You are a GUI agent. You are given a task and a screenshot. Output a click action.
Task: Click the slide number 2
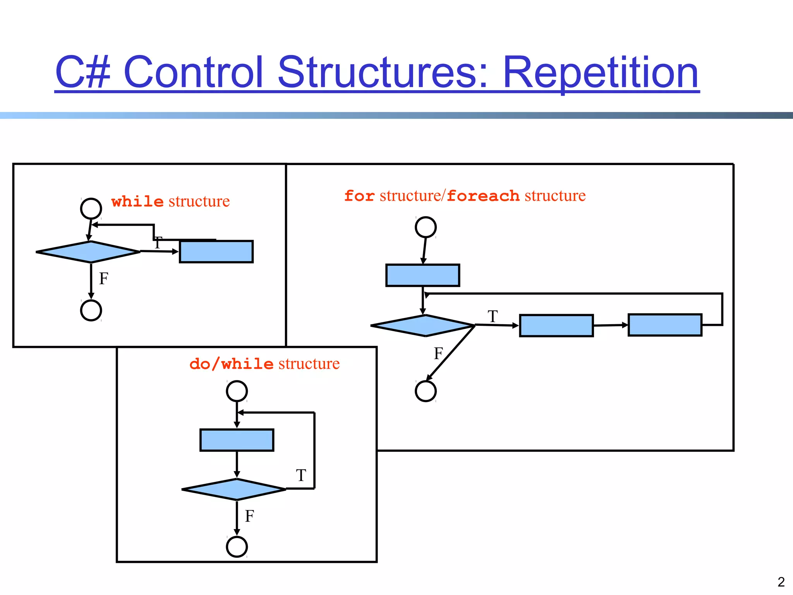[x=781, y=582]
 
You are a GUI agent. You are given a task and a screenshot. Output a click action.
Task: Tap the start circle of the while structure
[x=91, y=209]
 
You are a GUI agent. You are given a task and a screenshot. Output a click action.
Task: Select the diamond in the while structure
[x=88, y=252]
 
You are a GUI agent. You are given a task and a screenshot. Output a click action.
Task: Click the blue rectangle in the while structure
[x=216, y=252]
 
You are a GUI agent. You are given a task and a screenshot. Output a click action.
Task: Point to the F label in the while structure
[x=103, y=279]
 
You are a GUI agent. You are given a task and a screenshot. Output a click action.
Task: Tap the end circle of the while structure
[x=91, y=310]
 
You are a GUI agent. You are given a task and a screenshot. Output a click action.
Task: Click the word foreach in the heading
[x=483, y=196]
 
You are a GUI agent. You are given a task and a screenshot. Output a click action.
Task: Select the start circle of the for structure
[x=426, y=227]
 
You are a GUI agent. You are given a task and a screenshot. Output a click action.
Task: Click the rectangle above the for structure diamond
[x=422, y=275]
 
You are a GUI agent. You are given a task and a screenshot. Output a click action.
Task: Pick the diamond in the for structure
[x=422, y=325]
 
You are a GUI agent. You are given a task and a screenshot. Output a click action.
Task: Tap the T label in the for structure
[x=493, y=316]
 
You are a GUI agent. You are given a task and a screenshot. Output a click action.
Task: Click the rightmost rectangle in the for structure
[x=664, y=325]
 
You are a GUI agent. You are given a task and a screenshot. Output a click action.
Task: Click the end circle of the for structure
[x=426, y=391]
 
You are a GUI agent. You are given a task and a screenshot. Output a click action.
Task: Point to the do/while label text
[x=232, y=364]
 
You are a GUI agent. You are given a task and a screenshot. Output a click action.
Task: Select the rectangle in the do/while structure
[x=237, y=440]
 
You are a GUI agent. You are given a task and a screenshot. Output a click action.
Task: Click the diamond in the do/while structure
[x=234, y=489]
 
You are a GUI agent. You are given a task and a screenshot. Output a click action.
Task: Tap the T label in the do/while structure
[x=301, y=475]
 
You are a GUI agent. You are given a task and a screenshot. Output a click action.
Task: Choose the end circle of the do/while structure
[x=237, y=547]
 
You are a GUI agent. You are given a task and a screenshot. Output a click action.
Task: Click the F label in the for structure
[x=438, y=353]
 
